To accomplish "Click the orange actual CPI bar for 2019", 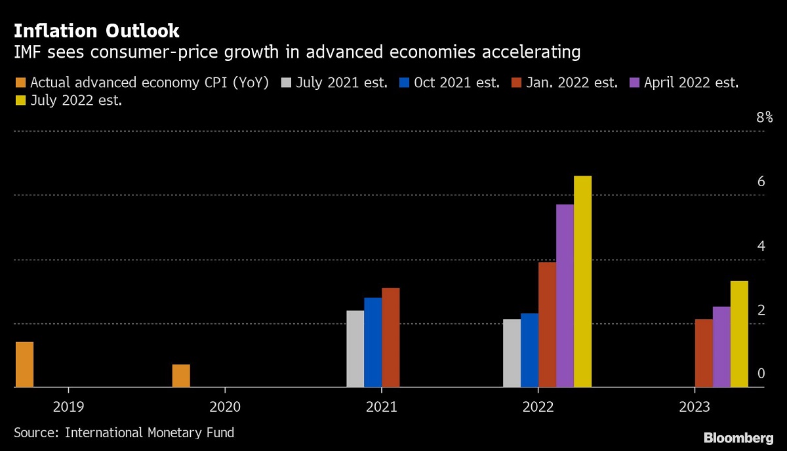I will click(x=24, y=364).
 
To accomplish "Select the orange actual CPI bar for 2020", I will click(x=181, y=376).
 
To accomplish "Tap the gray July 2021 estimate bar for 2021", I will click(x=355, y=349).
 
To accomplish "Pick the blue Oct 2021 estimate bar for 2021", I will click(x=373, y=342).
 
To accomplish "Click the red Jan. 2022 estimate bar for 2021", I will click(x=390, y=338).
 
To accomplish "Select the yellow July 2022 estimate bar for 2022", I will click(x=582, y=282).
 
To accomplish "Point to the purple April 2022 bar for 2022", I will click(x=565, y=296).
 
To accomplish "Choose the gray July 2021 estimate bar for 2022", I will click(x=512, y=353).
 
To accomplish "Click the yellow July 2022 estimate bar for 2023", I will click(x=739, y=334).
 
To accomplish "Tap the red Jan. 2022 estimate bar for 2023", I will click(x=704, y=353).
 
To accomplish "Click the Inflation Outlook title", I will click(x=96, y=31).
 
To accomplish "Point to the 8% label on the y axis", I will click(x=764, y=118).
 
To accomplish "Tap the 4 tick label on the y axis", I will click(x=761, y=246).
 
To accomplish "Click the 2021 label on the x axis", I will click(x=381, y=407).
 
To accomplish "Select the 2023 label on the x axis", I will click(x=695, y=407).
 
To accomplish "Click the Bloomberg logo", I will click(x=738, y=437).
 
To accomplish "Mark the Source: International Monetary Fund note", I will click(x=124, y=433).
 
